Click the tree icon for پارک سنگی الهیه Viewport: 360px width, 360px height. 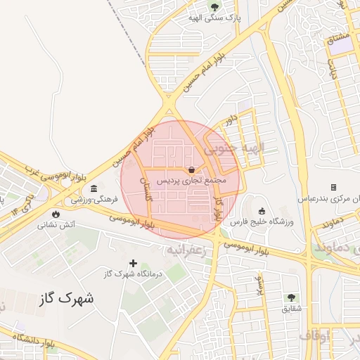pos(214,8)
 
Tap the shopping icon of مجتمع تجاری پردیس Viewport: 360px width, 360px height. pos(191,169)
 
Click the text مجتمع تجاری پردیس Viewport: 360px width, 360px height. pos(191,181)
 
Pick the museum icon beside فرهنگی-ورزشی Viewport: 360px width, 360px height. pos(93,188)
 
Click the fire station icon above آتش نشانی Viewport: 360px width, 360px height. pos(56,213)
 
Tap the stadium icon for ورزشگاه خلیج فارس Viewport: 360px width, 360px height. pos(262,211)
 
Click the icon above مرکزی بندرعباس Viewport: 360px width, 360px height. pos(333,188)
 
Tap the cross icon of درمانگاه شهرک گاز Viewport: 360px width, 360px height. pos(133,262)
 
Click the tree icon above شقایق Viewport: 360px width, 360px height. pos(290,297)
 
